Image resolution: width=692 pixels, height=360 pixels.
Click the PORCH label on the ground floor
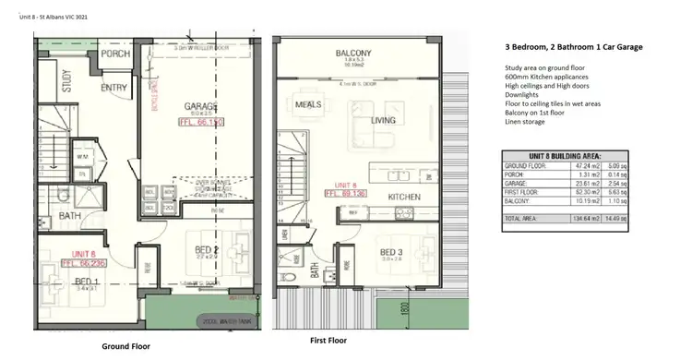point(114,53)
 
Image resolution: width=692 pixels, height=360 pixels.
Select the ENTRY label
point(113,88)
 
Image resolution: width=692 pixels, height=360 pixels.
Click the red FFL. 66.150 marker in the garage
point(201,122)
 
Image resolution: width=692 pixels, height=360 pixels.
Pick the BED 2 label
point(206,249)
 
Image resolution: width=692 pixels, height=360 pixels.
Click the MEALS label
point(306,104)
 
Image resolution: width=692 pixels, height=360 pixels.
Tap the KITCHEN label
point(404,197)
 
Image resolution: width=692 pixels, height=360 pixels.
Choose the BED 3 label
point(392,252)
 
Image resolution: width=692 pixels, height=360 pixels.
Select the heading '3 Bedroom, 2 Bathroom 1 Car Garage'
point(574,46)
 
